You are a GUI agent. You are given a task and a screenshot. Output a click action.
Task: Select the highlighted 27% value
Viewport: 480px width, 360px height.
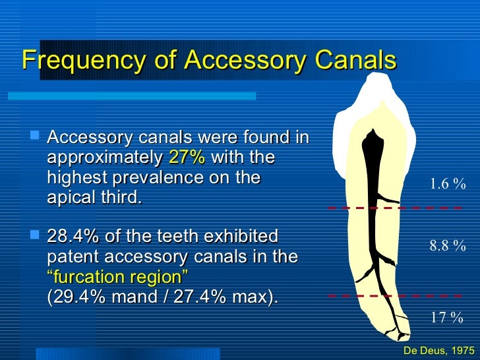pyautogui.click(x=187, y=158)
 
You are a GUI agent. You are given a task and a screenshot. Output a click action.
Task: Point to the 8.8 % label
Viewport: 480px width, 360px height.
pyautogui.click(x=448, y=247)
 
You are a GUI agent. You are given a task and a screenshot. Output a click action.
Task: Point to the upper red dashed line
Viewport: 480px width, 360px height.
pyautogui.click(x=396, y=208)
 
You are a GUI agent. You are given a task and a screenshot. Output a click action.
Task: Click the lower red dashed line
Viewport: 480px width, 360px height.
pyautogui.click(x=396, y=296)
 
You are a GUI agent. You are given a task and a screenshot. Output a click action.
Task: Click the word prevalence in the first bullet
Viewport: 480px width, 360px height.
pyautogui.click(x=162, y=178)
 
